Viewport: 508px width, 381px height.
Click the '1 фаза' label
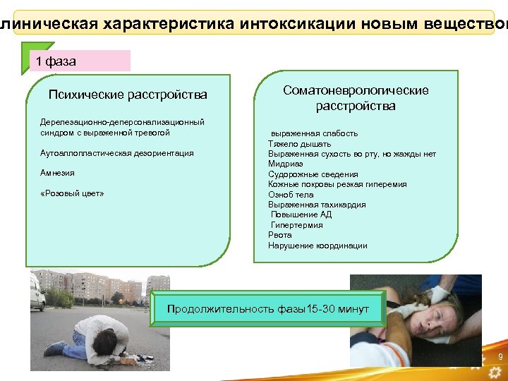(x=56, y=61)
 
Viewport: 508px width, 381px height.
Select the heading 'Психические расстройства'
(x=128, y=95)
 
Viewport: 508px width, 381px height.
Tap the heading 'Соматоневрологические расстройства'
(x=356, y=98)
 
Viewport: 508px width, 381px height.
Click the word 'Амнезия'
(x=57, y=173)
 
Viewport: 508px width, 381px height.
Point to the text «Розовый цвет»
(x=72, y=193)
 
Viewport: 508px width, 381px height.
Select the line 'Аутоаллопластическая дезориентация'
(x=117, y=153)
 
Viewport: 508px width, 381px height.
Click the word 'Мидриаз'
(x=284, y=164)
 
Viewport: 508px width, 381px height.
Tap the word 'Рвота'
(x=279, y=235)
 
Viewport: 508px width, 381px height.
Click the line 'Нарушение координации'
(x=317, y=246)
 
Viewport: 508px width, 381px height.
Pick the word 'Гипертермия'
(x=297, y=225)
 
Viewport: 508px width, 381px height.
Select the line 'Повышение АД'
(x=301, y=214)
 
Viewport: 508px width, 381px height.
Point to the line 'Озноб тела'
(x=291, y=194)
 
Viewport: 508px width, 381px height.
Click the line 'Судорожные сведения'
(x=313, y=174)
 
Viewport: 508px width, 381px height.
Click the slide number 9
(x=500, y=358)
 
